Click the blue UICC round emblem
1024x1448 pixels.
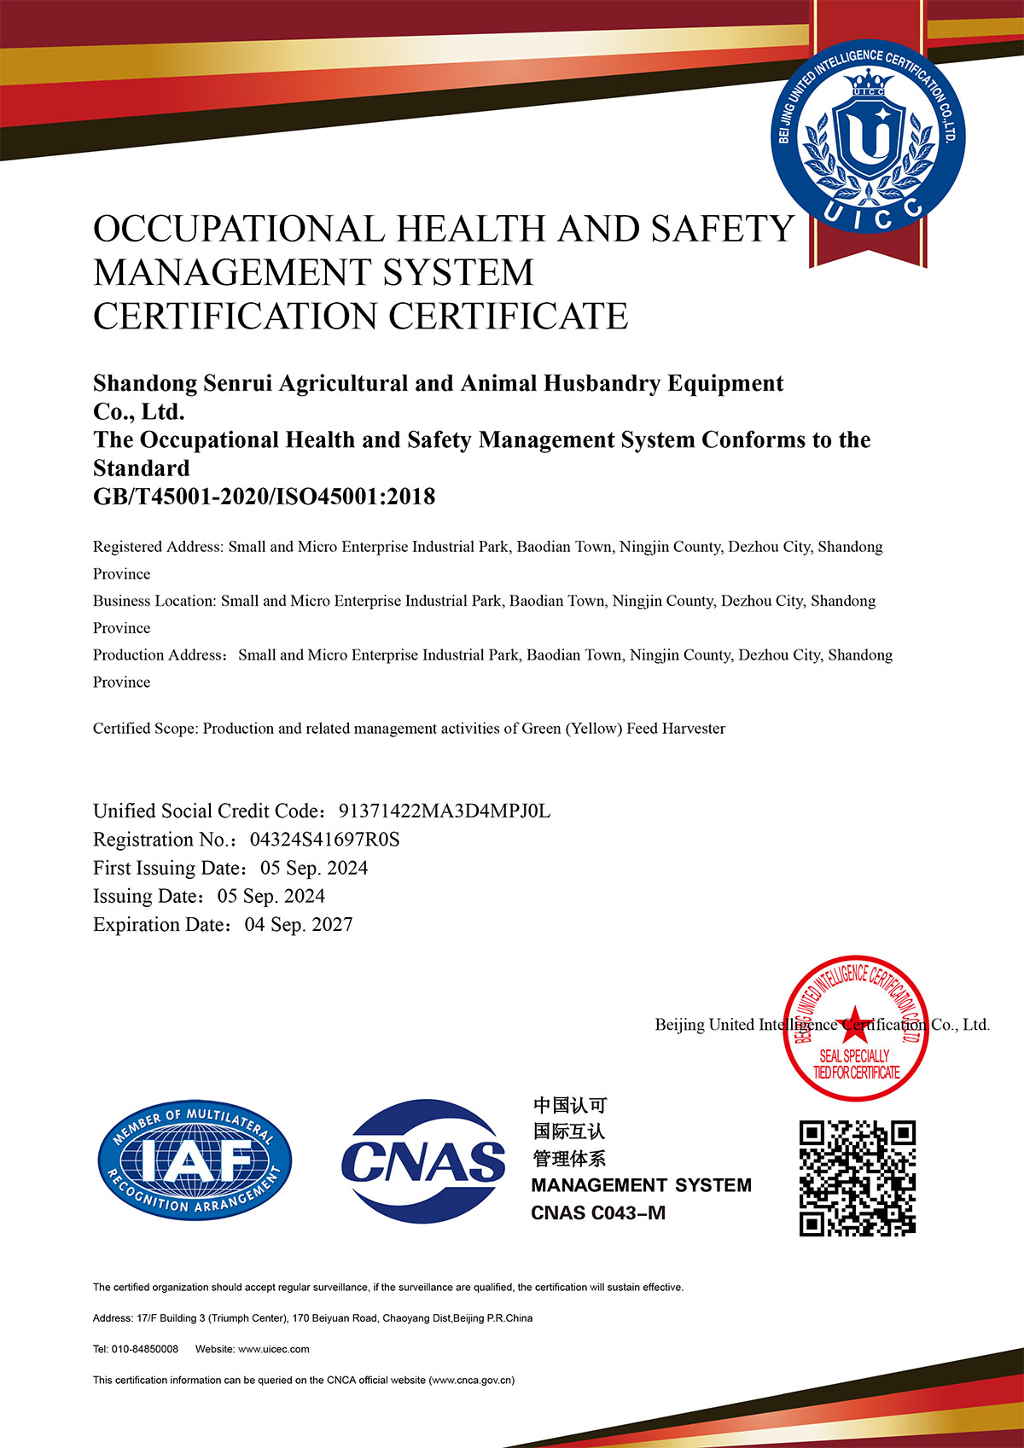[x=868, y=137]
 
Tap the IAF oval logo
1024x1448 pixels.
[x=195, y=1160]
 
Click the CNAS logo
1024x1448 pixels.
[x=423, y=1160]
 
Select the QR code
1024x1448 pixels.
[x=857, y=1178]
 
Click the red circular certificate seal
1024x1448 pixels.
[x=856, y=1028]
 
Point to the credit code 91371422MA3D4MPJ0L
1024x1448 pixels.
[x=444, y=811]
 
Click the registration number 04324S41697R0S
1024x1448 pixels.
[x=324, y=840]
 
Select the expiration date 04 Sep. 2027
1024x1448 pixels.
[x=299, y=925]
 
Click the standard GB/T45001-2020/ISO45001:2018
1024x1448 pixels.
[x=264, y=497]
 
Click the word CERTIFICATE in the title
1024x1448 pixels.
[x=509, y=317]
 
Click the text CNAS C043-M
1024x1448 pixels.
[x=597, y=1212]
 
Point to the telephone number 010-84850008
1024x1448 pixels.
[x=145, y=1349]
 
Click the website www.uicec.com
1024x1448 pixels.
[x=273, y=1349]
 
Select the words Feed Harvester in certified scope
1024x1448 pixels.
[x=676, y=729]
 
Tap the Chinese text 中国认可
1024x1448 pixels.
[x=570, y=1106]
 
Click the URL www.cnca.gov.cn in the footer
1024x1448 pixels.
[x=471, y=1380]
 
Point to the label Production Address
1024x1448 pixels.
[x=160, y=655]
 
